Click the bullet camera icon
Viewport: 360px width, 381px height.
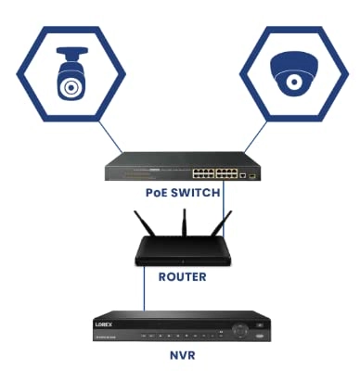point(71,73)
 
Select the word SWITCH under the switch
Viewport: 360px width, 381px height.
point(198,193)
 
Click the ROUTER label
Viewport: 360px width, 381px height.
point(181,276)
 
